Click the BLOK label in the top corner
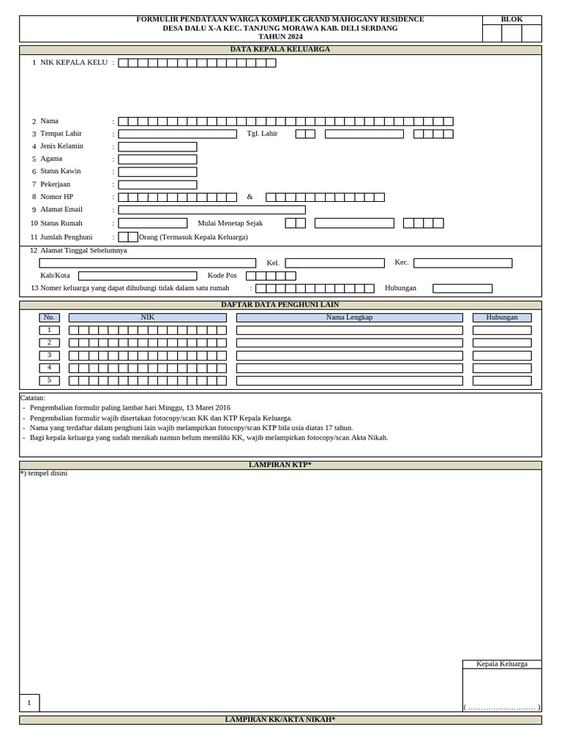512,19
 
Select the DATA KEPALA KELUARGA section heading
280,49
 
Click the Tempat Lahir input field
177,134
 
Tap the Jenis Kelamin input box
157,146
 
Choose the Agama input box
157,159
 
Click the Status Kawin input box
157,171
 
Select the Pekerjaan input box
157,184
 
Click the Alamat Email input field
211,210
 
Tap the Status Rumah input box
152,223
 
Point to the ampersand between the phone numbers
250,197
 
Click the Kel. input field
334,263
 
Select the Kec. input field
462,263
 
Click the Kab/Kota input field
138,276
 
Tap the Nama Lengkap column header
349,317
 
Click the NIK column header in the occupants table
147,317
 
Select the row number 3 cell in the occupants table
49,355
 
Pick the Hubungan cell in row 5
502,380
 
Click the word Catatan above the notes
33,398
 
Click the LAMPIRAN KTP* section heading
280,465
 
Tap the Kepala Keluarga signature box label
502,664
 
